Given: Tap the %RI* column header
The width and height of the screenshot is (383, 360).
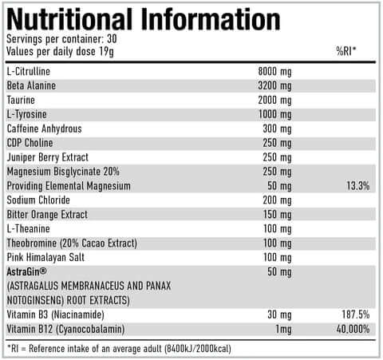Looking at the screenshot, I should click(346, 52).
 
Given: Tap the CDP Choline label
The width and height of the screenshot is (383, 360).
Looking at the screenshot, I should click(31, 143).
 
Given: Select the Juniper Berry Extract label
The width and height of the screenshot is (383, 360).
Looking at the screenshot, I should click(47, 157).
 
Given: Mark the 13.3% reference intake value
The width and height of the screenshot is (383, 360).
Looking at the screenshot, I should click(357, 186).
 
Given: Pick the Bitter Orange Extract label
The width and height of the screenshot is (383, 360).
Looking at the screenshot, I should click(46, 215).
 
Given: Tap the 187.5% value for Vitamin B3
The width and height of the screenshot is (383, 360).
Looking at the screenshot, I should click(355, 315).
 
